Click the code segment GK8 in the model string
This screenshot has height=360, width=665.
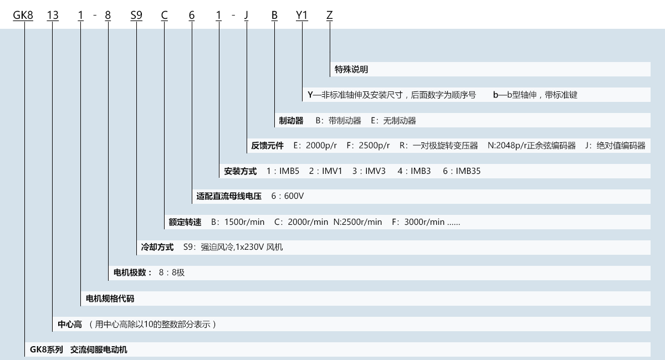pos(23,15)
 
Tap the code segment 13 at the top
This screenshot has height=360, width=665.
pos(53,15)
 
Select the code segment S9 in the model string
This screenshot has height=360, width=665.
pos(136,15)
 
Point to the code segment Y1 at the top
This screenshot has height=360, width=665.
pos(302,15)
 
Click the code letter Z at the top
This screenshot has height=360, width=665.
pos(330,15)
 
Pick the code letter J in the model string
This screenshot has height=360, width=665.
pos(246,15)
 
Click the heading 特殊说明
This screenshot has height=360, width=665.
pos(351,69)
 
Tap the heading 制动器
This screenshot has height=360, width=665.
pos(291,121)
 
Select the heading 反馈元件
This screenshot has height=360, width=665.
pos(267,146)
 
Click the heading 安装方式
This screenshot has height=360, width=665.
pos(240,171)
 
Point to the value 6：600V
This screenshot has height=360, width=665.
pos(288,196)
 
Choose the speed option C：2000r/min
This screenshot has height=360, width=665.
pos(301,222)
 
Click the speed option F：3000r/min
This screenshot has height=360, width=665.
pos(418,222)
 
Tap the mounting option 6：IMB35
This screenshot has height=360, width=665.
pos(462,171)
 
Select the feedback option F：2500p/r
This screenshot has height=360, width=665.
pos(368,146)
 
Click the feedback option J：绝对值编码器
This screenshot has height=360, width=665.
pos(615,146)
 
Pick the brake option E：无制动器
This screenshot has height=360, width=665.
pos(393,121)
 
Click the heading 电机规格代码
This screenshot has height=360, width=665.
pos(110,299)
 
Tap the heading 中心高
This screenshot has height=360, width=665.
pos(70,325)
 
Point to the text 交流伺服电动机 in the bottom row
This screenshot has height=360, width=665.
pos(99,350)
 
